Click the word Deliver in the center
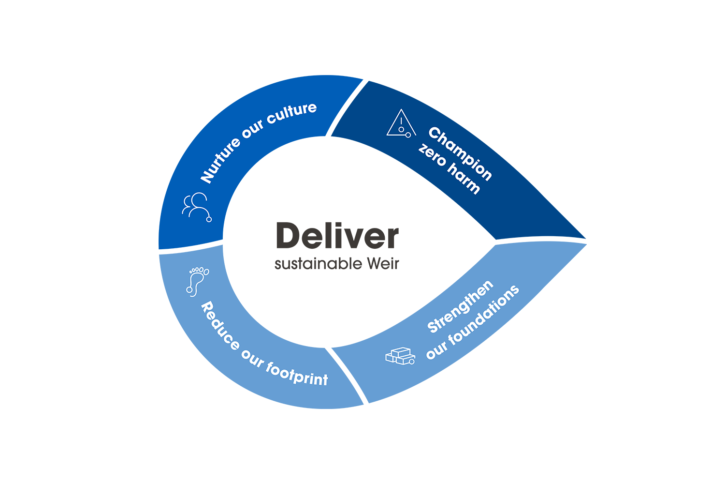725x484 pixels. coord(337,236)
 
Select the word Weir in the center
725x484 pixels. coord(383,264)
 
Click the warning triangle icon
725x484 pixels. coord(401,124)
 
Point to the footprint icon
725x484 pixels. coord(197,281)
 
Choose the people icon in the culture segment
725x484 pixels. coord(196,206)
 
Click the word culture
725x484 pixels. coord(292,113)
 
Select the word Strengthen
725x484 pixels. coord(461,306)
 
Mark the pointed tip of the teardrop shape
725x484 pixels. coord(585,239)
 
